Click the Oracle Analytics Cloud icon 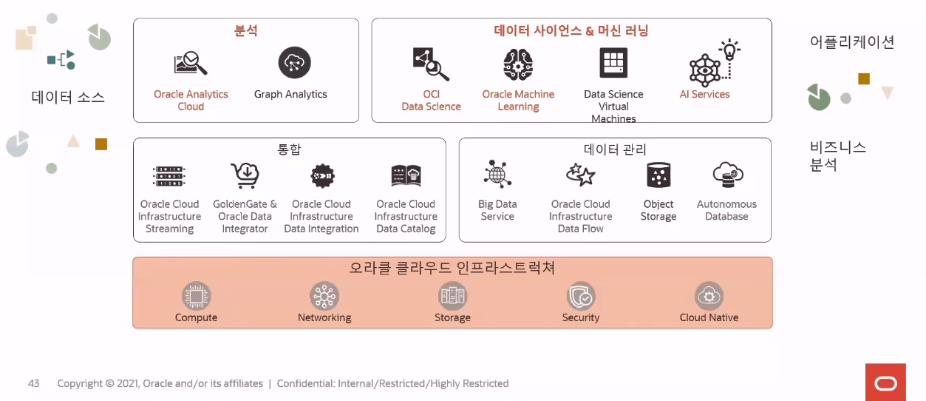coord(190,63)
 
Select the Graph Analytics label coord(290,95)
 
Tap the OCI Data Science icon coord(431,64)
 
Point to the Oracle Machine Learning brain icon coord(518,64)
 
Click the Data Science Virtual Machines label coord(613,107)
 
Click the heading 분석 coord(246,31)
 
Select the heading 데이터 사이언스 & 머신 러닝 coord(571,31)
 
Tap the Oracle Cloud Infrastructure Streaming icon coord(169,176)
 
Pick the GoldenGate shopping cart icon coord(244,175)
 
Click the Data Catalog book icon coord(406,175)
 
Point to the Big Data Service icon coord(497,175)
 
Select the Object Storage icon coord(658,175)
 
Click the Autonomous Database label coord(726,210)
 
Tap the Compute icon coord(197,296)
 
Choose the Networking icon coord(324,296)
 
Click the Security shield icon coord(581,296)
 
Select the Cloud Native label coord(709,317)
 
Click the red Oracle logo coord(885,382)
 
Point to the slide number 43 coord(34,383)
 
